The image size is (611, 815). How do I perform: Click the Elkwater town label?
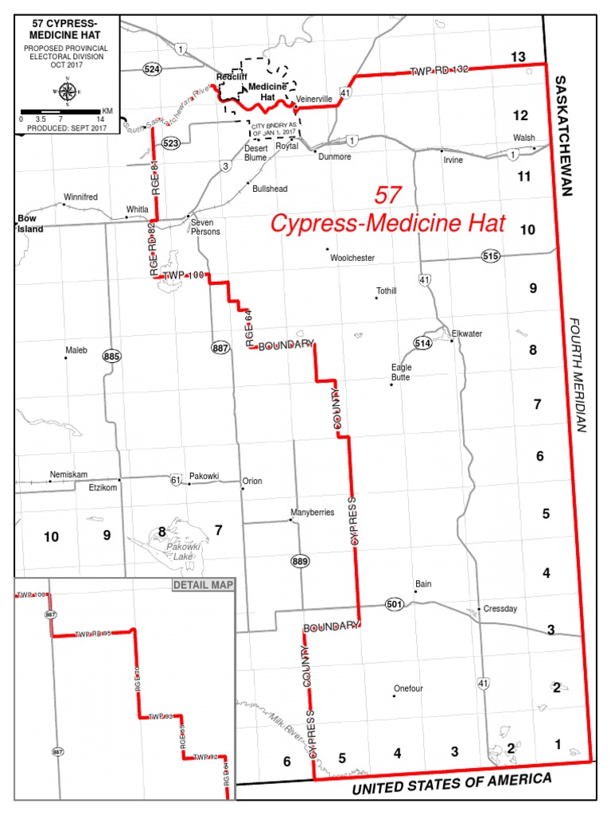pyautogui.click(x=467, y=333)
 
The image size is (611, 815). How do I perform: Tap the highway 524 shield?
pyautogui.click(x=153, y=69)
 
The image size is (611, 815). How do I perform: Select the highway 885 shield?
pyautogui.click(x=111, y=357)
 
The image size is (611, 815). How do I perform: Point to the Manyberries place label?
pyautogui.click(x=313, y=513)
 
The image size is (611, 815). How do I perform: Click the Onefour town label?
pyautogui.click(x=410, y=688)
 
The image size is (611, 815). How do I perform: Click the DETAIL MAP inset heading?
pyautogui.click(x=203, y=585)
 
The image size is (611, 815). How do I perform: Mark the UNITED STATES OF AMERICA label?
pyautogui.click(x=451, y=784)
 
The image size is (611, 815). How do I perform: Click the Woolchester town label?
pyautogui.click(x=352, y=258)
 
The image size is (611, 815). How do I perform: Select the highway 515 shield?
pyautogui.click(x=491, y=255)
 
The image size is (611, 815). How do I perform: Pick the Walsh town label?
pyautogui.click(x=523, y=138)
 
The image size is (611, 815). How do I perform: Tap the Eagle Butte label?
pyautogui.click(x=400, y=372)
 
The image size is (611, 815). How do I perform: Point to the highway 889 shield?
pyautogui.click(x=300, y=562)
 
